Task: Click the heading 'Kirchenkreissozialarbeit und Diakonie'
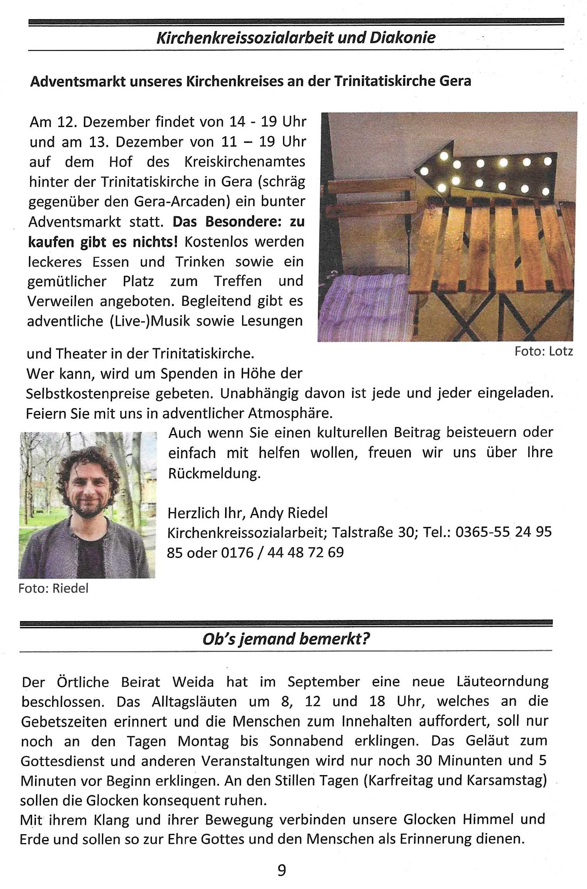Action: click(296, 38)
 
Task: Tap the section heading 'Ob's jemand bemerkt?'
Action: click(286, 639)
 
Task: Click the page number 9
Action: click(282, 870)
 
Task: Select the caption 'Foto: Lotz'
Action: click(543, 352)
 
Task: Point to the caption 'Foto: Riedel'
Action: click(53, 588)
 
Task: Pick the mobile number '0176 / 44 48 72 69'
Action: click(282, 553)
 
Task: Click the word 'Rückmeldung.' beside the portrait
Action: click(214, 473)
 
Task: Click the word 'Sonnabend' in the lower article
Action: click(306, 741)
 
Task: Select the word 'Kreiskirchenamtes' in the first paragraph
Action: click(244, 162)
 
